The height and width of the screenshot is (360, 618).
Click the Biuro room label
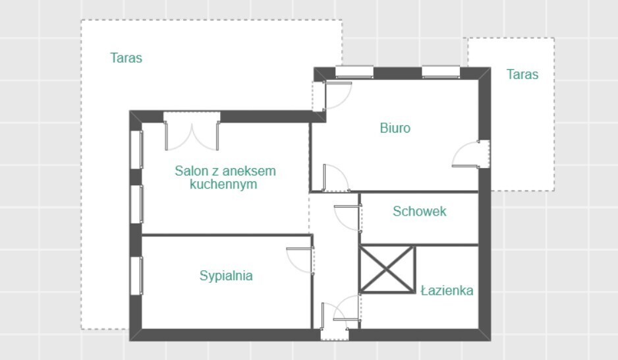(x=395, y=128)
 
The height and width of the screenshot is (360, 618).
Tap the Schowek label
(x=419, y=212)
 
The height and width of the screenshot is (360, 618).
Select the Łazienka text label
(x=447, y=291)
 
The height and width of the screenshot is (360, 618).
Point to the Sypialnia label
(x=226, y=276)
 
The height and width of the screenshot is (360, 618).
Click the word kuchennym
(x=223, y=184)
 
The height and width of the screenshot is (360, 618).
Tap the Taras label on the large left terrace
(x=126, y=58)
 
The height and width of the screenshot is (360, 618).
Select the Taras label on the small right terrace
(x=522, y=75)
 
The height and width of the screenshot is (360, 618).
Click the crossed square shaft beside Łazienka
(x=387, y=270)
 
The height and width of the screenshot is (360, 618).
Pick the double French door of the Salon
(x=192, y=132)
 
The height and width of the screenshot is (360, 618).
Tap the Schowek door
(x=347, y=218)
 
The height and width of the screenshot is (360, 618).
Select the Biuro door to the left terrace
(x=332, y=96)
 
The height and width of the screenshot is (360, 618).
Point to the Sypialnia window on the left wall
(x=136, y=276)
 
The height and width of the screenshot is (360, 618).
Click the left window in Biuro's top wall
(x=354, y=72)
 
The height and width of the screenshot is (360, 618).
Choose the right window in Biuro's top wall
(x=441, y=72)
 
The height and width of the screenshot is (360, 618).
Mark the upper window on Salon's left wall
(x=136, y=150)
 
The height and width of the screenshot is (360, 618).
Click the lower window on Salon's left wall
(x=136, y=204)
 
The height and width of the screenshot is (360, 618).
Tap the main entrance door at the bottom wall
(x=335, y=321)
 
